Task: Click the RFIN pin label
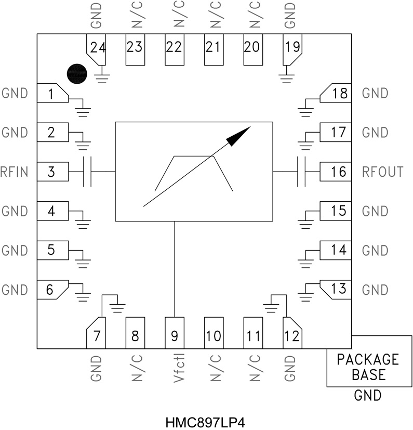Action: tap(15, 172)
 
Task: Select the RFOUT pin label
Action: tap(382, 172)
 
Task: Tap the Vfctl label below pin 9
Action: tap(175, 369)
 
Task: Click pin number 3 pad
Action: tap(52, 172)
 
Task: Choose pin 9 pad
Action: tap(174, 333)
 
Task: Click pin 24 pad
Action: tap(97, 49)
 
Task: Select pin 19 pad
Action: tap(291, 49)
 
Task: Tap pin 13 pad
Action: tap(337, 289)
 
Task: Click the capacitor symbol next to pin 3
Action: tap(88, 172)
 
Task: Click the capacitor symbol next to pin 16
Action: tap(301, 172)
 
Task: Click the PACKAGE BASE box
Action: tap(367, 367)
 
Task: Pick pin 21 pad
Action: tap(213, 50)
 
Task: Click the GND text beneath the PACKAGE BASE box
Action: tap(367, 396)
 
